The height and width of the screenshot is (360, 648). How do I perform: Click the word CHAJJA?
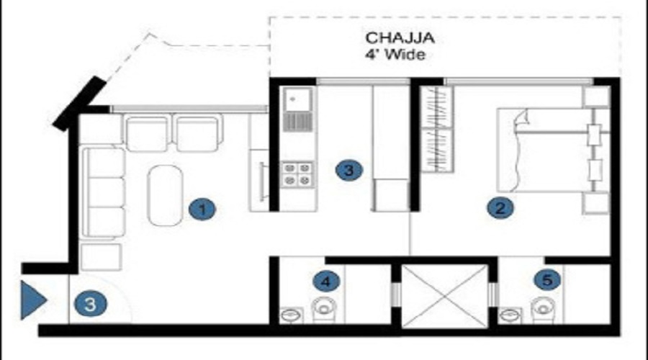[400, 38]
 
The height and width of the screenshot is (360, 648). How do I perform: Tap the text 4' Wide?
[395, 55]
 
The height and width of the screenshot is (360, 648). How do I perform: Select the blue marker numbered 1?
[202, 210]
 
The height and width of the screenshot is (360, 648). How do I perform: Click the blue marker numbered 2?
[500, 208]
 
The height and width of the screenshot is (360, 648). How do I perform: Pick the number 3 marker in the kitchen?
[348, 171]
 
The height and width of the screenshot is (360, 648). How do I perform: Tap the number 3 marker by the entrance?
[91, 305]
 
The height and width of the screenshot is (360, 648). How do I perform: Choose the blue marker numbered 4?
[326, 282]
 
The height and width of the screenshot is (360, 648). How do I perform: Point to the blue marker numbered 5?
[547, 280]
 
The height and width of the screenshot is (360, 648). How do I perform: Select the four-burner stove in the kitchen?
[297, 174]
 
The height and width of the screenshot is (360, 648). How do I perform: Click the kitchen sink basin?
[297, 99]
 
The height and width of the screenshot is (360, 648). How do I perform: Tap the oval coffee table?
[166, 196]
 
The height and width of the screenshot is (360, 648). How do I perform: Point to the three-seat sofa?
[103, 192]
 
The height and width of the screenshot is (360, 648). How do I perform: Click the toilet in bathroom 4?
[324, 310]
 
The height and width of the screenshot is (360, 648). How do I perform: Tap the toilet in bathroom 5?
[543, 310]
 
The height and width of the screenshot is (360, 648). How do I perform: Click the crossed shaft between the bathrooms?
[444, 297]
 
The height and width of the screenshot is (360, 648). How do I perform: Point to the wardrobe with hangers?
[437, 129]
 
